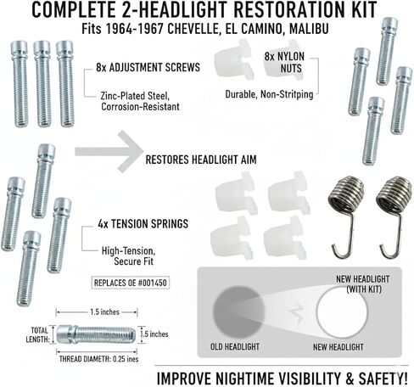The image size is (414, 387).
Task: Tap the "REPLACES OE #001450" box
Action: pos(131,283)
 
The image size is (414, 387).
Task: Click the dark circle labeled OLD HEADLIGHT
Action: pos(239,311)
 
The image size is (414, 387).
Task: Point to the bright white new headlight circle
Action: pos(342,312)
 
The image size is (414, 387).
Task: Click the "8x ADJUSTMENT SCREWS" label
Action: pos(148,67)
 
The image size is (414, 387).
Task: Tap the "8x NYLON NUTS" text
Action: pos(284,62)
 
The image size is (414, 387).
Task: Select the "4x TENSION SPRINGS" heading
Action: pos(143,224)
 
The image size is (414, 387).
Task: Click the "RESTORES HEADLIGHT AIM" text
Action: pos(201,160)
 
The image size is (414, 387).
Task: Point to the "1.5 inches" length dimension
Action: pos(104,312)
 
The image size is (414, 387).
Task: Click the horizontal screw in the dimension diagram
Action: pos(96,334)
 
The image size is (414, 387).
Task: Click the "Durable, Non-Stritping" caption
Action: pos(269,94)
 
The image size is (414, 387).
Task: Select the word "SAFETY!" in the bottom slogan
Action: pos(383,379)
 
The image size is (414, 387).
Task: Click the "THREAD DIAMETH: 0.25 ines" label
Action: pos(98,359)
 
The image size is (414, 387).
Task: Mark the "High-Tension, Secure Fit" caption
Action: pos(128,256)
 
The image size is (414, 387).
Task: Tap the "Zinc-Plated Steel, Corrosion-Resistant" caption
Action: pos(140,101)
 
